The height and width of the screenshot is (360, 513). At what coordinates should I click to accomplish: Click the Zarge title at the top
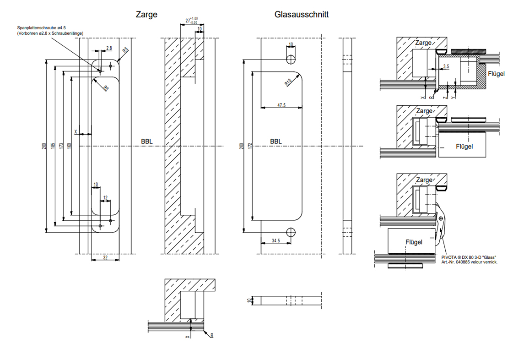(x=146, y=15)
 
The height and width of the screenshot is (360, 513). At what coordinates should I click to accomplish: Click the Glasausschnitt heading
(x=301, y=15)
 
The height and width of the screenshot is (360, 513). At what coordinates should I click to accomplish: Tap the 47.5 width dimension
(x=281, y=105)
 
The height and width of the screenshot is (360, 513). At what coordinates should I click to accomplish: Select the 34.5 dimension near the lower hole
(x=275, y=240)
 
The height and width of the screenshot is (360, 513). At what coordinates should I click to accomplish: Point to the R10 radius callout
(x=288, y=82)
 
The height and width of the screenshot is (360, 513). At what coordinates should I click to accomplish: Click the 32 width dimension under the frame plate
(x=105, y=258)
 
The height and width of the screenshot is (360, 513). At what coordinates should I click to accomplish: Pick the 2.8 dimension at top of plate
(x=109, y=48)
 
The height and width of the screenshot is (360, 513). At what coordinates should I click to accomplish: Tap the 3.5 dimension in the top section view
(x=446, y=67)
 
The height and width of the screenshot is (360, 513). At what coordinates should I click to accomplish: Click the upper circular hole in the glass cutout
(x=291, y=59)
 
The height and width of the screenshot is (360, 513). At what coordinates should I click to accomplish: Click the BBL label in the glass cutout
(x=275, y=142)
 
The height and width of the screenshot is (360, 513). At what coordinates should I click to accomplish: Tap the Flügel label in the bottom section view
(x=413, y=242)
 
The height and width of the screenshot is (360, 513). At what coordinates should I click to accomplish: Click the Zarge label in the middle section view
(x=424, y=111)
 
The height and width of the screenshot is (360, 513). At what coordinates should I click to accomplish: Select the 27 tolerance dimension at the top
(x=191, y=20)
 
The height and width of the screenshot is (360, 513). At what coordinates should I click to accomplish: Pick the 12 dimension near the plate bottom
(x=106, y=198)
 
